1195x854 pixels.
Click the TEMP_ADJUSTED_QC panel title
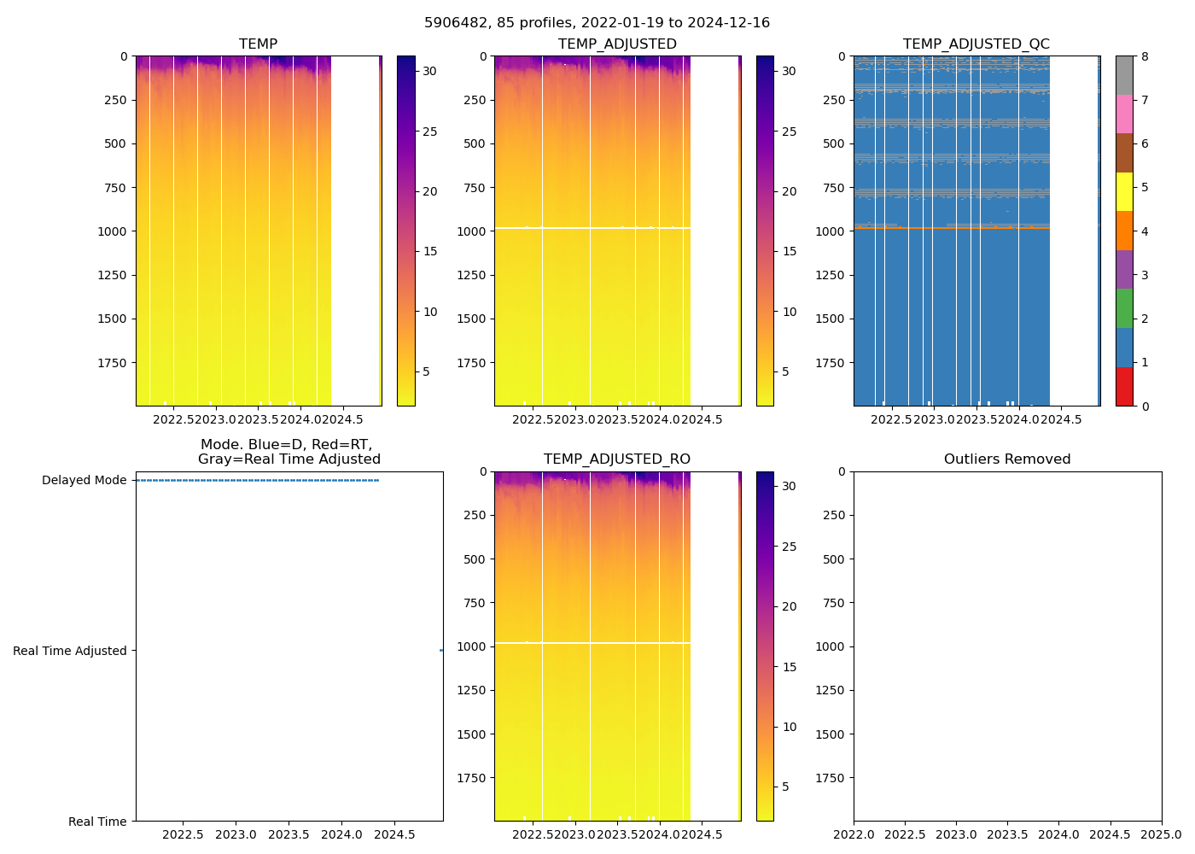pyautogui.click(x=976, y=44)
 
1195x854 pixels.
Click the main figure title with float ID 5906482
pyautogui.click(x=597, y=23)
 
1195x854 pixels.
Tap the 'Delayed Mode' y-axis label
pyautogui.click(x=84, y=480)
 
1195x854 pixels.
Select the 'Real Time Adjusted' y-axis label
pyautogui.click(x=69, y=651)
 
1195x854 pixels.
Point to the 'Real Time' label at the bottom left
pyautogui.click(x=97, y=822)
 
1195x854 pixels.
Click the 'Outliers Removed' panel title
pyautogui.click(x=1006, y=459)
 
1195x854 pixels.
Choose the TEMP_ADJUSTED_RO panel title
pyautogui.click(x=616, y=459)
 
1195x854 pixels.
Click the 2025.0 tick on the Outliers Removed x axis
pyautogui.click(x=1161, y=834)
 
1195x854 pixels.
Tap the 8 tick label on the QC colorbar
pyautogui.click(x=1145, y=57)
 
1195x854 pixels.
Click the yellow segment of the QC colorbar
pyautogui.click(x=1124, y=192)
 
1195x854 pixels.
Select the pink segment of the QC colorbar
pyautogui.click(x=1124, y=114)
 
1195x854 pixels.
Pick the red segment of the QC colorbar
pyautogui.click(x=1124, y=387)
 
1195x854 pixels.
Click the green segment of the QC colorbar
pyautogui.click(x=1124, y=308)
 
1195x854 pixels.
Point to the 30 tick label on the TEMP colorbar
pyautogui.click(x=429, y=72)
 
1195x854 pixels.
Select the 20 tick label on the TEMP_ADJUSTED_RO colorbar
pyautogui.click(x=789, y=607)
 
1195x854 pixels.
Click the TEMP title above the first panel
pyautogui.click(x=258, y=44)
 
